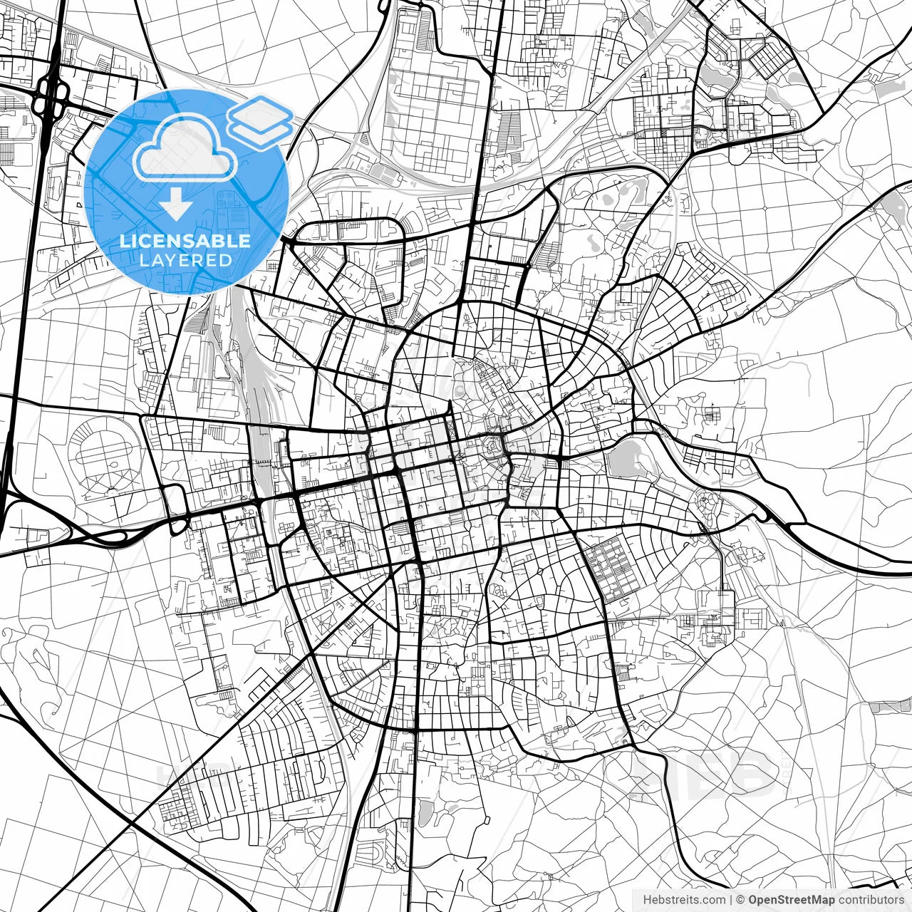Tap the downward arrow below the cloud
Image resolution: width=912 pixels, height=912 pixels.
175,207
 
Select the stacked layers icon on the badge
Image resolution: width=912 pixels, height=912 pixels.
260,120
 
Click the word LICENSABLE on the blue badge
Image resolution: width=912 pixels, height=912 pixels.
185,241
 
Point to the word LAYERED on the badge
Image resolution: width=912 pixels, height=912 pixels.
185,260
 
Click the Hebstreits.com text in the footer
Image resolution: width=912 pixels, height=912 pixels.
684,900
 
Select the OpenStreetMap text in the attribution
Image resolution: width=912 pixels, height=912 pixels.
792,900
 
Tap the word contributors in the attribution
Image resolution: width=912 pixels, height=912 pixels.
871,900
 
